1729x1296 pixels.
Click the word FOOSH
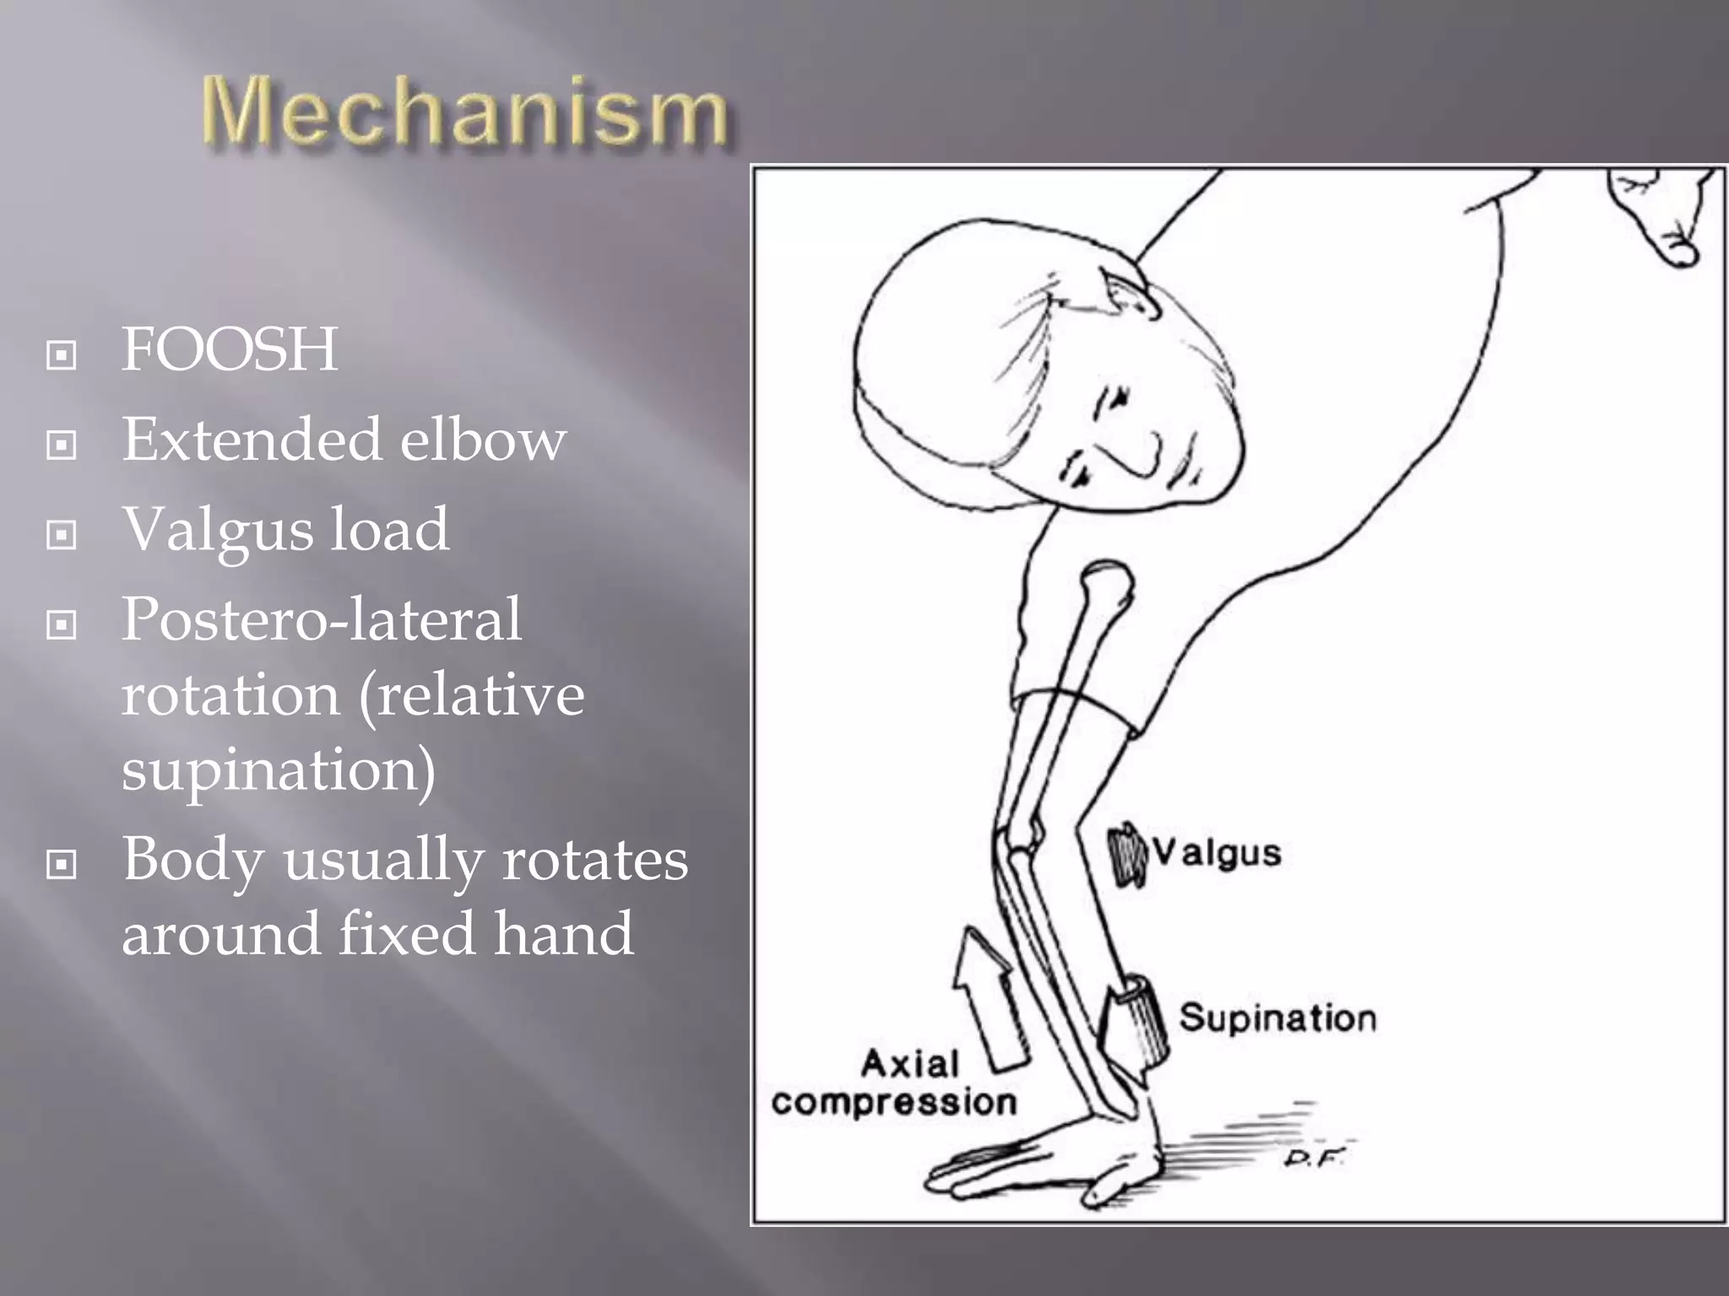click(230, 349)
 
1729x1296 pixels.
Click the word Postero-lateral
click(322, 620)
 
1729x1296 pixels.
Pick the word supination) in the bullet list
click(279, 769)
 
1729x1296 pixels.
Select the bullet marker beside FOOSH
click(62, 355)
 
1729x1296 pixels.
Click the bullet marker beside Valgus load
click(62, 535)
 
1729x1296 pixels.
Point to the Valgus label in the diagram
click(1217, 853)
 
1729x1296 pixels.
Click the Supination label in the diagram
click(1276, 1018)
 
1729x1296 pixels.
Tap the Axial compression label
click(895, 1084)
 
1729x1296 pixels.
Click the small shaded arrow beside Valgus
click(1128, 855)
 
